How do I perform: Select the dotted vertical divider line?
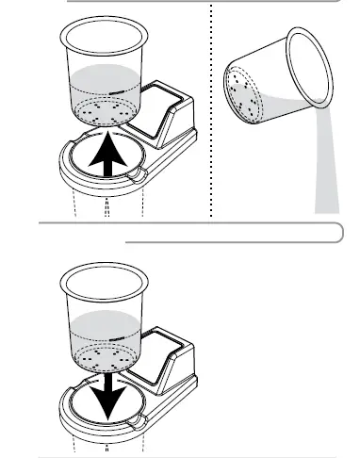pyautogui.click(x=209, y=113)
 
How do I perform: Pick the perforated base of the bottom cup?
pyautogui.click(x=104, y=356)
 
